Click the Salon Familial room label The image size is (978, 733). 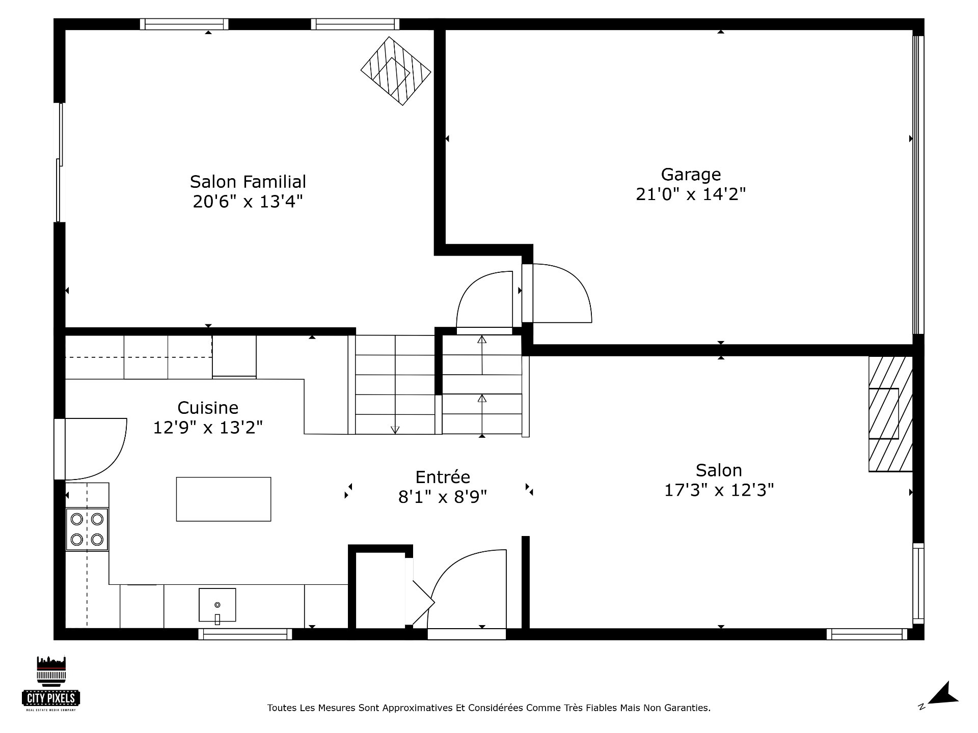pos(248,182)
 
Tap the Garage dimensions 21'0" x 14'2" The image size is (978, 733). pos(691,194)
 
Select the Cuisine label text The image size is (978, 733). pos(208,408)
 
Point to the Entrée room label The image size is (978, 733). pos(443,477)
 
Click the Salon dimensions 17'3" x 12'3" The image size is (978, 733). pos(719,490)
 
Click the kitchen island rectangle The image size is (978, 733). pos(224,499)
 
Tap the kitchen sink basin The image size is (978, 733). pos(218,605)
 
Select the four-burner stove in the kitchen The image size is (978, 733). pos(87,529)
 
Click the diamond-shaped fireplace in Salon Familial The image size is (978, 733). pos(396,71)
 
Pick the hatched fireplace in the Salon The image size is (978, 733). pos(890,414)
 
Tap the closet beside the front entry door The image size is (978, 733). pos(380,590)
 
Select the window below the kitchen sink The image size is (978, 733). pos(245,634)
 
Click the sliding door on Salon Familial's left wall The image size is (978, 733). pos(60,162)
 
